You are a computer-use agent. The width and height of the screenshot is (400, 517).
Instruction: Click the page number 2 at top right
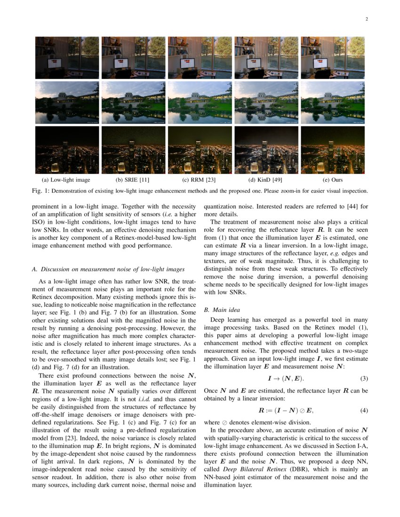pyautogui.click(x=366, y=19)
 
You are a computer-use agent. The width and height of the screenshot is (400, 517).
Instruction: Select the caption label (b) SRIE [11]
pyautogui.click(x=133, y=180)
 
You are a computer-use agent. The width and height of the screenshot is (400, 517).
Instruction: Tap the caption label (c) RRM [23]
pyautogui.click(x=200, y=180)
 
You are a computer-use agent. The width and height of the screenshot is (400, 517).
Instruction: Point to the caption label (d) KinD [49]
pyautogui.click(x=266, y=180)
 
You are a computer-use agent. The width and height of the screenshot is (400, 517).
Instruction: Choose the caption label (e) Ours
pyautogui.click(x=332, y=180)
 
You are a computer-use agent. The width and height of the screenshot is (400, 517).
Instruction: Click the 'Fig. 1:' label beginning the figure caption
pyautogui.click(x=40, y=191)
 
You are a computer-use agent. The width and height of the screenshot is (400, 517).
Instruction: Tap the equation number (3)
pyautogui.click(x=364, y=379)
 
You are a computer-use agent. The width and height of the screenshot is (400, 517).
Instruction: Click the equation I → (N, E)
pyautogui.click(x=286, y=379)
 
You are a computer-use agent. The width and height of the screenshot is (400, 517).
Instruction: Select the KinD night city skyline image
pyautogui.click(x=266, y=150)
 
